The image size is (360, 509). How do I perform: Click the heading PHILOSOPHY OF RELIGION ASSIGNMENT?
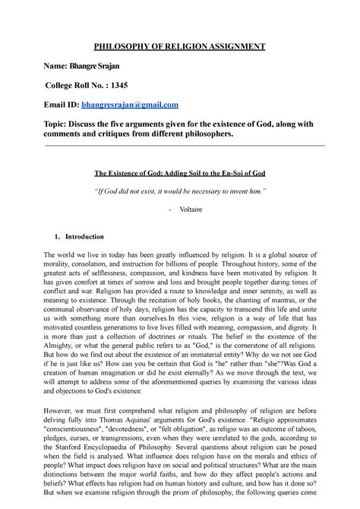pos(179,46)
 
